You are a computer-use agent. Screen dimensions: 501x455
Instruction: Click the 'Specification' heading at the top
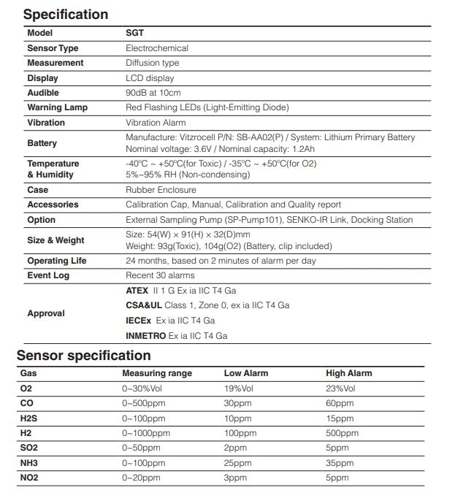66,14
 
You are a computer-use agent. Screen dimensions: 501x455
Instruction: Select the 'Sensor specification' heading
84,356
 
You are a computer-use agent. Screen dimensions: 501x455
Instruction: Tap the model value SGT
135,33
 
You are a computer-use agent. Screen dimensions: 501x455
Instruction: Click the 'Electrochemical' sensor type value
157,48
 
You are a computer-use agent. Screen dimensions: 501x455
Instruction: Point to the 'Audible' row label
43,93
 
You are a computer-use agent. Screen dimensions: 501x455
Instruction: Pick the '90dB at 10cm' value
153,93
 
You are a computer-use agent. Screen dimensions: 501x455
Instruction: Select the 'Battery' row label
42,143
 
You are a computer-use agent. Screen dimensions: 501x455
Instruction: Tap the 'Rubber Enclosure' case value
161,190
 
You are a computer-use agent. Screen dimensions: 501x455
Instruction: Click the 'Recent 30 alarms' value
160,275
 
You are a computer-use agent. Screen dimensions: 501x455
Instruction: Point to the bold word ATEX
137,290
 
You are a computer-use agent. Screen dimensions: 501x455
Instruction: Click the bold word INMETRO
146,336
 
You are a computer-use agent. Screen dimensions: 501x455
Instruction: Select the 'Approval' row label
46,313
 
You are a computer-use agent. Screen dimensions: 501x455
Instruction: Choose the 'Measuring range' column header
157,373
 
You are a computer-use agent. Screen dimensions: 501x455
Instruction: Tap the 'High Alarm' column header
348,373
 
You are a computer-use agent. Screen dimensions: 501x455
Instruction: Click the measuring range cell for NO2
141,478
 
